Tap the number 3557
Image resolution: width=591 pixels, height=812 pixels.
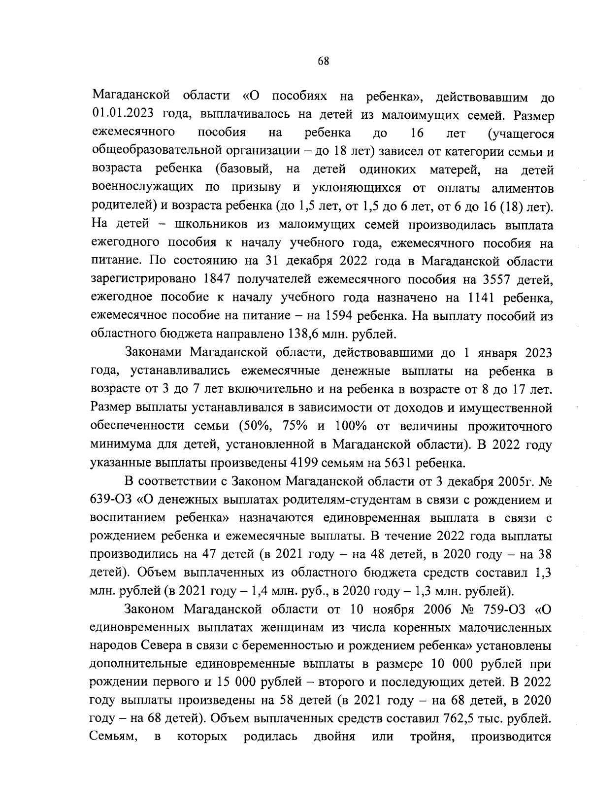click(493, 279)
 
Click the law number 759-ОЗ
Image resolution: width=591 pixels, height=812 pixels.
click(503, 609)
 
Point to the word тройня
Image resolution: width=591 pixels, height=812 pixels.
click(427, 737)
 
